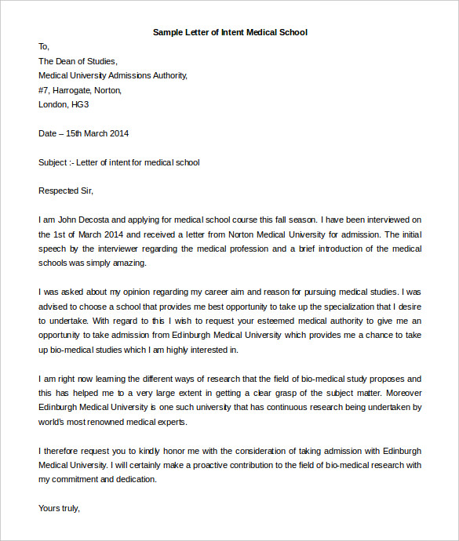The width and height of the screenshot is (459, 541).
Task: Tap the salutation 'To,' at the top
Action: click(44, 46)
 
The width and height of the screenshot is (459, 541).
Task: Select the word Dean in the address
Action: click(67, 61)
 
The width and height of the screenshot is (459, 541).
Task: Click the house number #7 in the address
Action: click(43, 90)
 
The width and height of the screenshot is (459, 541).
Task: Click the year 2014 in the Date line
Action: click(118, 133)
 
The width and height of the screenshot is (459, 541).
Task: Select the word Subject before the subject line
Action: click(53, 162)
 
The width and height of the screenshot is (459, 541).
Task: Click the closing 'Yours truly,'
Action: click(59, 508)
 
